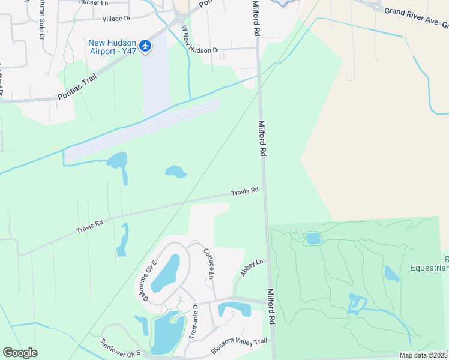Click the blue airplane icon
click(145, 46)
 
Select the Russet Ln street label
click(93, 2)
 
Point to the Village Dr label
click(116, 19)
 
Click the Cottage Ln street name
click(208, 263)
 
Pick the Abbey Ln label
click(252, 267)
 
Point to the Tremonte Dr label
click(194, 321)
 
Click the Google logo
click(20, 353)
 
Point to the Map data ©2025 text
click(424, 355)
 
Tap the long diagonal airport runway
click(142, 130)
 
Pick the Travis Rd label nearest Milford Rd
click(245, 191)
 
